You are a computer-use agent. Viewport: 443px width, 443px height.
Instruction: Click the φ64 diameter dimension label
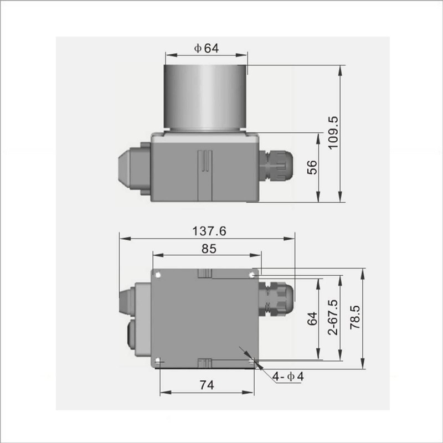[206, 48]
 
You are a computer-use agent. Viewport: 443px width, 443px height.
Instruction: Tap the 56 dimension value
[312, 167]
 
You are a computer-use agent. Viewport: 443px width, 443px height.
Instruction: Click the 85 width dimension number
[208, 249]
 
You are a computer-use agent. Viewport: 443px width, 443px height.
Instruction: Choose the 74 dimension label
[207, 384]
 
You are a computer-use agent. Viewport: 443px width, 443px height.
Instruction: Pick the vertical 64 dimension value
[312, 319]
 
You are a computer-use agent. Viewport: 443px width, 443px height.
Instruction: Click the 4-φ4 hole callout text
[289, 377]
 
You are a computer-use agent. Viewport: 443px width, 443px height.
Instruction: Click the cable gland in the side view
[275, 164]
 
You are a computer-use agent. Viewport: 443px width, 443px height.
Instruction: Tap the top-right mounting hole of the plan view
[253, 274]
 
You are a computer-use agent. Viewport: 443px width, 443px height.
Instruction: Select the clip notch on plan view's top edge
[205, 272]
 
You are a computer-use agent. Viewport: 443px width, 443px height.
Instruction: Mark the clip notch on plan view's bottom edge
[205, 363]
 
